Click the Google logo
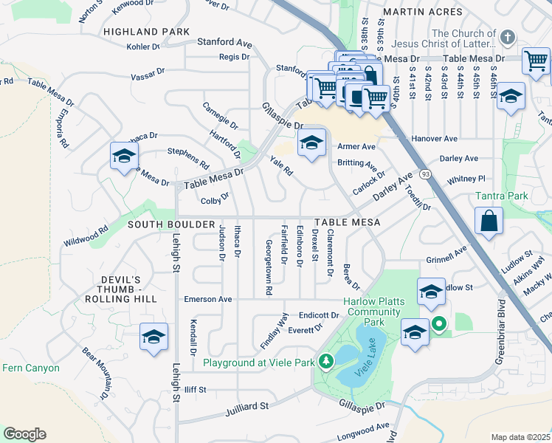tap(24, 433)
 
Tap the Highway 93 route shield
tap(426, 174)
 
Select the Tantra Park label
tap(501, 196)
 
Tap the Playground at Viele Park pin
tap(323, 362)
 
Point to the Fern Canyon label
tap(30, 368)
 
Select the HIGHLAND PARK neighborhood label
tap(141, 32)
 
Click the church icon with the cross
tap(507, 37)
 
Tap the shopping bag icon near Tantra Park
tap(489, 221)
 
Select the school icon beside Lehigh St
tap(153, 337)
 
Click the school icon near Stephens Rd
tap(124, 156)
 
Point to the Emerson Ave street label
tap(208, 299)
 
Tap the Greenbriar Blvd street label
tap(502, 329)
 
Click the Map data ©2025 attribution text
tap(520, 437)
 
